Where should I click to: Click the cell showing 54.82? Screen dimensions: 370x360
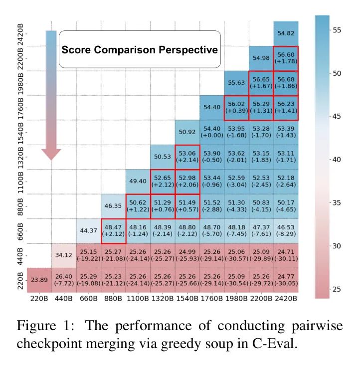(x=286, y=33)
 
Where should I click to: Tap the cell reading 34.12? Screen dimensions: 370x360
(x=63, y=255)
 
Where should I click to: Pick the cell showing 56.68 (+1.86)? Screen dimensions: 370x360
(x=286, y=82)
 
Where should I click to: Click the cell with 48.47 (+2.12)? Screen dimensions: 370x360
(x=113, y=230)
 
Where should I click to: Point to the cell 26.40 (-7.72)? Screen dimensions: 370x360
(x=63, y=280)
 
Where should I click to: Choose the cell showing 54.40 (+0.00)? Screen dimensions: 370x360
(x=211, y=132)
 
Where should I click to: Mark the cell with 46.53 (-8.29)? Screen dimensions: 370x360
(x=286, y=230)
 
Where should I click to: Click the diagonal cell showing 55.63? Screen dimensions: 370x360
(x=236, y=82)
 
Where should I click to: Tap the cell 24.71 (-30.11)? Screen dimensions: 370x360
(x=286, y=255)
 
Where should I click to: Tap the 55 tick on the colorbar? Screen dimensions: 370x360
(x=337, y=30)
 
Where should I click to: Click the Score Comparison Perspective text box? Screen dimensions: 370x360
(x=140, y=50)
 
